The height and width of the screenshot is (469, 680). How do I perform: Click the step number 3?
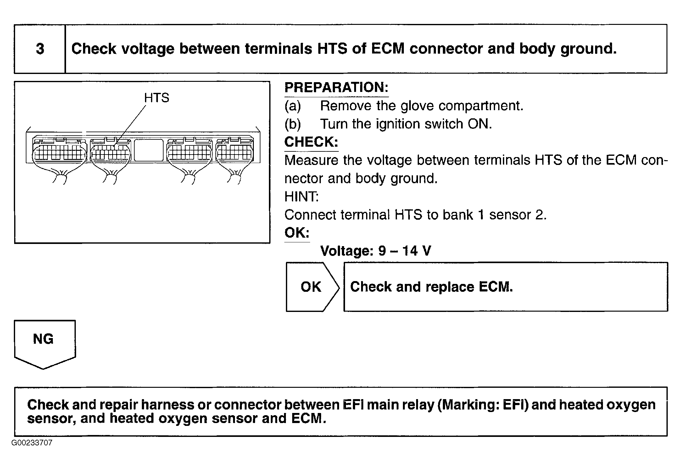[x=40, y=49]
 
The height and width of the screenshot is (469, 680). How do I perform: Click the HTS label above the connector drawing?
[x=157, y=98]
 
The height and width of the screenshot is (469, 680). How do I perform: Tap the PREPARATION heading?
[x=336, y=87]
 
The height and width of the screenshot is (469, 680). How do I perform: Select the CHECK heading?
[x=311, y=142]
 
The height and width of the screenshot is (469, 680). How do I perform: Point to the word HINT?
[x=301, y=197]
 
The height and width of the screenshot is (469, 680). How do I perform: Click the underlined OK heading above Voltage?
[x=297, y=233]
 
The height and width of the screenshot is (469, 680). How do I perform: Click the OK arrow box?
[x=313, y=287]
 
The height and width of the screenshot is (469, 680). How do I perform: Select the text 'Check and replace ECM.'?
[x=431, y=287]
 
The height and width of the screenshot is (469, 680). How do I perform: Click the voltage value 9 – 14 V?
[x=404, y=251]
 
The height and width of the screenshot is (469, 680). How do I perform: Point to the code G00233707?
[x=32, y=443]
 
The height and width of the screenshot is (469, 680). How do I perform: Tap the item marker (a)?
[x=293, y=106]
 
